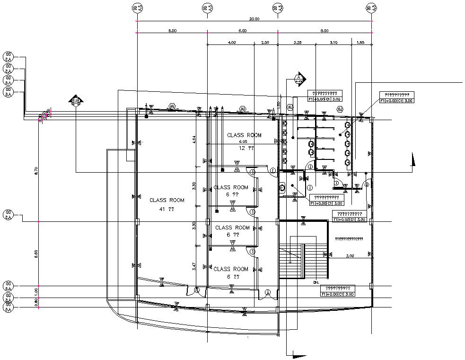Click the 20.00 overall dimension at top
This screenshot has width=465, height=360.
point(254,19)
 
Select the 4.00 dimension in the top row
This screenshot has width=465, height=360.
point(232,43)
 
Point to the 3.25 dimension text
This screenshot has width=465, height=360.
point(298,43)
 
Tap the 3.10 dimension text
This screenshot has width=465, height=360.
point(333,43)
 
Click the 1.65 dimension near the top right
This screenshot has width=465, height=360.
point(361,43)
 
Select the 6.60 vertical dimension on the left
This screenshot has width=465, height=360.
point(36,254)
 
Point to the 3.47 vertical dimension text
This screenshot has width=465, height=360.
point(194,267)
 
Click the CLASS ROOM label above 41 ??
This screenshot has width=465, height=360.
point(167,200)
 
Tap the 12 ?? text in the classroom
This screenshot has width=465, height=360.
point(247,148)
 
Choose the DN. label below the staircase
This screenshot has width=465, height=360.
point(316,282)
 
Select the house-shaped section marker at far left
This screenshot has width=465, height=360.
point(76,100)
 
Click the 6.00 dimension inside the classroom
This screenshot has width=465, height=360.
point(243,141)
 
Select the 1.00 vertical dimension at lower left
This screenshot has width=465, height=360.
point(36,292)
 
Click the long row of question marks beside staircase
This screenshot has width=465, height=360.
point(349,238)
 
